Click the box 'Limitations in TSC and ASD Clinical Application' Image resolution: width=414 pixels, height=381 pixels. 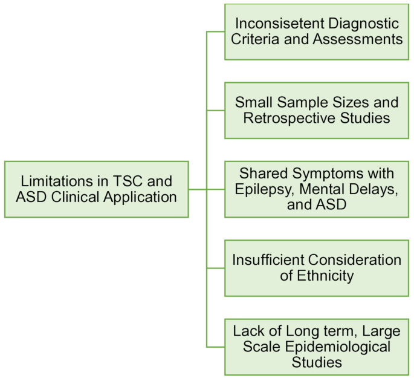tap(96, 189)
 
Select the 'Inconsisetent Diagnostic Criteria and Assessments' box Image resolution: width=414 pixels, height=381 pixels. tap(317, 31)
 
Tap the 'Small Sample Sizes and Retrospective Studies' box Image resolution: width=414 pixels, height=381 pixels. tap(317, 110)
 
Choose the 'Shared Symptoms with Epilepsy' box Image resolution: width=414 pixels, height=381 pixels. tap(317, 189)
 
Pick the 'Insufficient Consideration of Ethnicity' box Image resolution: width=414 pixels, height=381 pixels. tap(317, 268)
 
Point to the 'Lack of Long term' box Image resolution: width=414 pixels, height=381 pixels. tap(317, 347)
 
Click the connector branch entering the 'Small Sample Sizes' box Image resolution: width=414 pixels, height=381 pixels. tap(216, 110)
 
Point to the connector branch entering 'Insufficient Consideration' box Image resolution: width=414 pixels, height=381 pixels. tap(216, 268)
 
